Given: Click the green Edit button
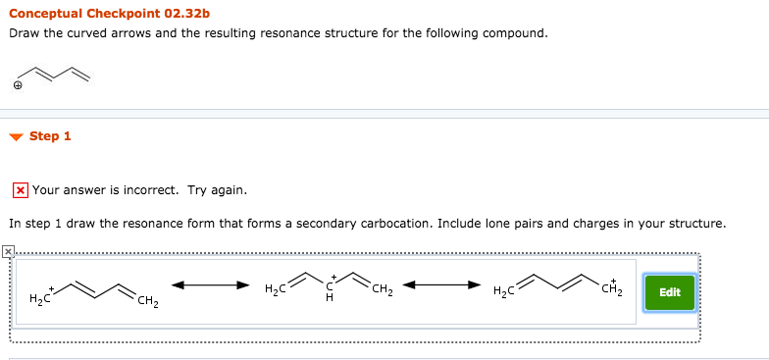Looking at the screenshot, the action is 670,292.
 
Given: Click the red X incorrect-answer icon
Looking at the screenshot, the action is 20,189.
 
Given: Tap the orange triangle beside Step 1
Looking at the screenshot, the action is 16,137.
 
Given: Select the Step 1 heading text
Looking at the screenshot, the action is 50,136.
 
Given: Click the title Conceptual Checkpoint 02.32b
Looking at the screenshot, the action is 109,14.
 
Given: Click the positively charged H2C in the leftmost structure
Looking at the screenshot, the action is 40,296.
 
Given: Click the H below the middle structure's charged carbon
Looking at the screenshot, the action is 331,300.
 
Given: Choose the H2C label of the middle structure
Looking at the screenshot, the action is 276,288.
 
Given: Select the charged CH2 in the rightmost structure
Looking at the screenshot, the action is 613,286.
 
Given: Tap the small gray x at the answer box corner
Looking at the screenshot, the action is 9,252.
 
